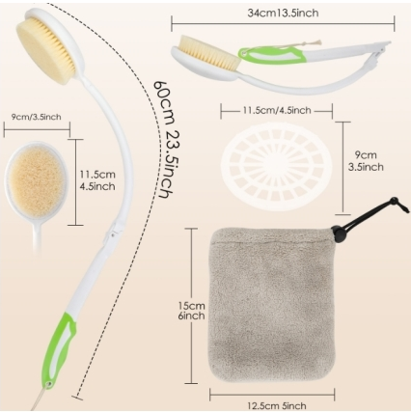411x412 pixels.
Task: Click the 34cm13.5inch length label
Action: click(283, 14)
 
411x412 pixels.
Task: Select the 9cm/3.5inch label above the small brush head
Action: click(37, 117)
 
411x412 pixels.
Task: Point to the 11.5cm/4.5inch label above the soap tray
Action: click(277, 110)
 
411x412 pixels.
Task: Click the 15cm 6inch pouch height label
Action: click(192, 310)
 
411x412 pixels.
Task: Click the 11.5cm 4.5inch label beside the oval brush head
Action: click(97, 180)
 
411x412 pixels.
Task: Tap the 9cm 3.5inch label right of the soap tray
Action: click(366, 161)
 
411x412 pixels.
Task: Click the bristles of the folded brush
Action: click(209, 51)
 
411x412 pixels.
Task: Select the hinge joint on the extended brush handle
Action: click(113, 231)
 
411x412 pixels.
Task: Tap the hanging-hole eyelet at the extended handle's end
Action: click(49, 384)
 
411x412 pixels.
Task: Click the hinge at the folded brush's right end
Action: click(379, 50)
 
